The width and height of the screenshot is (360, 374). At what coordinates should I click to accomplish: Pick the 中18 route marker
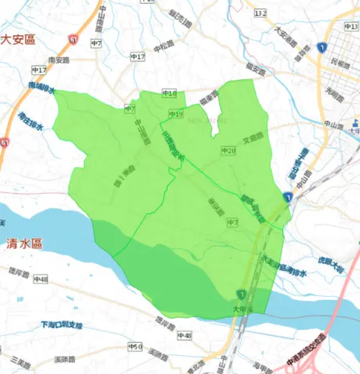(x=169, y=93)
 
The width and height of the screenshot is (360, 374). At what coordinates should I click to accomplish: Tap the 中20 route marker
(x=228, y=150)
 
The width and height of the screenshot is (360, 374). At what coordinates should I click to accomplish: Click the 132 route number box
(x=260, y=13)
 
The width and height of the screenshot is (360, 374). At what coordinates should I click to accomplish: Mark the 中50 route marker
(x=135, y=347)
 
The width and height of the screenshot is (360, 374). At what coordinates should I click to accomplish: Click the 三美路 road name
(x=19, y=359)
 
